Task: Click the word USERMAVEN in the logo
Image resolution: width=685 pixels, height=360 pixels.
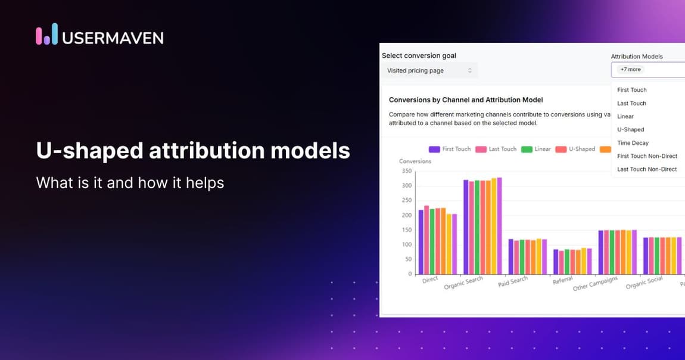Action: tap(113, 38)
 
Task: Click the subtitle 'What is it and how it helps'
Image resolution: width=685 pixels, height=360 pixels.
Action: tap(130, 182)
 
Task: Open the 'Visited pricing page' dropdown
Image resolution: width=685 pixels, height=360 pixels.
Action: tap(429, 70)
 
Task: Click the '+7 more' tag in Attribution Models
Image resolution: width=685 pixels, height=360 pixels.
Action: tap(630, 69)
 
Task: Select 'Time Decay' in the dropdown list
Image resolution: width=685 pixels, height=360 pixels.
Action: tap(633, 143)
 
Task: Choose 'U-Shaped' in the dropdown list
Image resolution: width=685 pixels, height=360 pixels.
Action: tap(630, 129)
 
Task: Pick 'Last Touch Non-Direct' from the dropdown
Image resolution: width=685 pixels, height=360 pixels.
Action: tap(646, 169)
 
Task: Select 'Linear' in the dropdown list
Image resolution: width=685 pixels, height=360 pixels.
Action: tap(625, 116)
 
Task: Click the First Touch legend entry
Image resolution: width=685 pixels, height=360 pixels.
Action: tap(450, 149)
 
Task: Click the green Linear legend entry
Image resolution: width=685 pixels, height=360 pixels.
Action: tap(536, 149)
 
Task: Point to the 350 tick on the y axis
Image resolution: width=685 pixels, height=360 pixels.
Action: tap(406, 171)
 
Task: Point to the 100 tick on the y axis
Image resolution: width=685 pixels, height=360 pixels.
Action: tap(406, 244)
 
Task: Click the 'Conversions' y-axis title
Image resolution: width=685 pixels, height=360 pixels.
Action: tap(415, 161)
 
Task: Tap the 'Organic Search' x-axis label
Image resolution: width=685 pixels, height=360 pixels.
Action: tap(463, 283)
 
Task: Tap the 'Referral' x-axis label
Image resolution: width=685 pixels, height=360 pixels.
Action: tap(562, 280)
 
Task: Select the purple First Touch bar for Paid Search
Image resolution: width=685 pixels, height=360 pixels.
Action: tap(511, 256)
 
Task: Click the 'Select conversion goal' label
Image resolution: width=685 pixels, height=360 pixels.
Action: tap(419, 55)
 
